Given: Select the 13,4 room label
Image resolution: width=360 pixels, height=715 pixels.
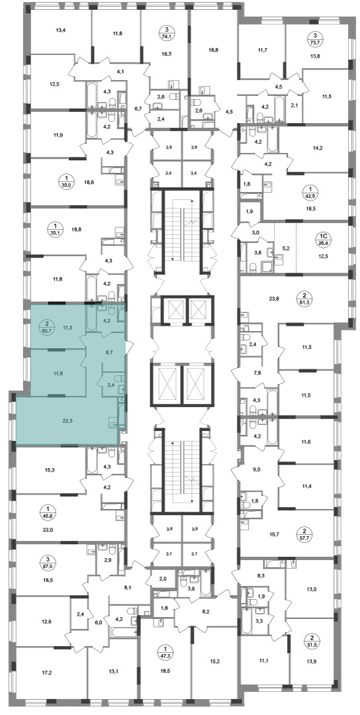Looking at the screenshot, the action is tap(61, 31).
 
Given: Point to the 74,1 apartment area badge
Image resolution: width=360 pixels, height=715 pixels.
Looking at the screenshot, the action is tap(165, 34).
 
